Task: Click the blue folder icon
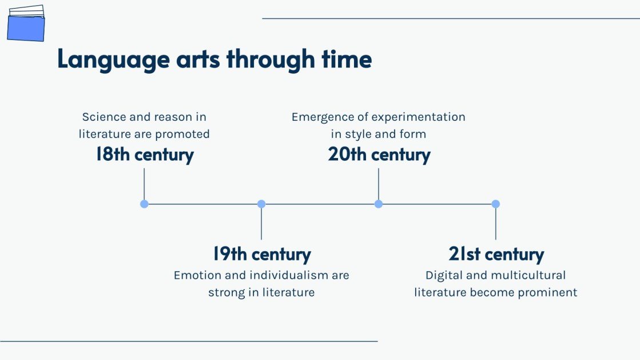[x=26, y=23]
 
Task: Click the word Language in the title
[x=113, y=60]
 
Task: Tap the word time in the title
[x=347, y=59]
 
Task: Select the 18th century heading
[x=145, y=155]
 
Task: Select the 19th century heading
[x=261, y=254]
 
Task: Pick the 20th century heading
[x=379, y=155]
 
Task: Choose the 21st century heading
[x=496, y=254]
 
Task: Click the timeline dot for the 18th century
[x=144, y=204]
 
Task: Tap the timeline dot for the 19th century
[x=261, y=204]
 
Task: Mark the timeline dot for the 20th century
[x=379, y=204]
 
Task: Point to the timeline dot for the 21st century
[x=495, y=204]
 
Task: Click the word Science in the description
[x=104, y=117]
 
